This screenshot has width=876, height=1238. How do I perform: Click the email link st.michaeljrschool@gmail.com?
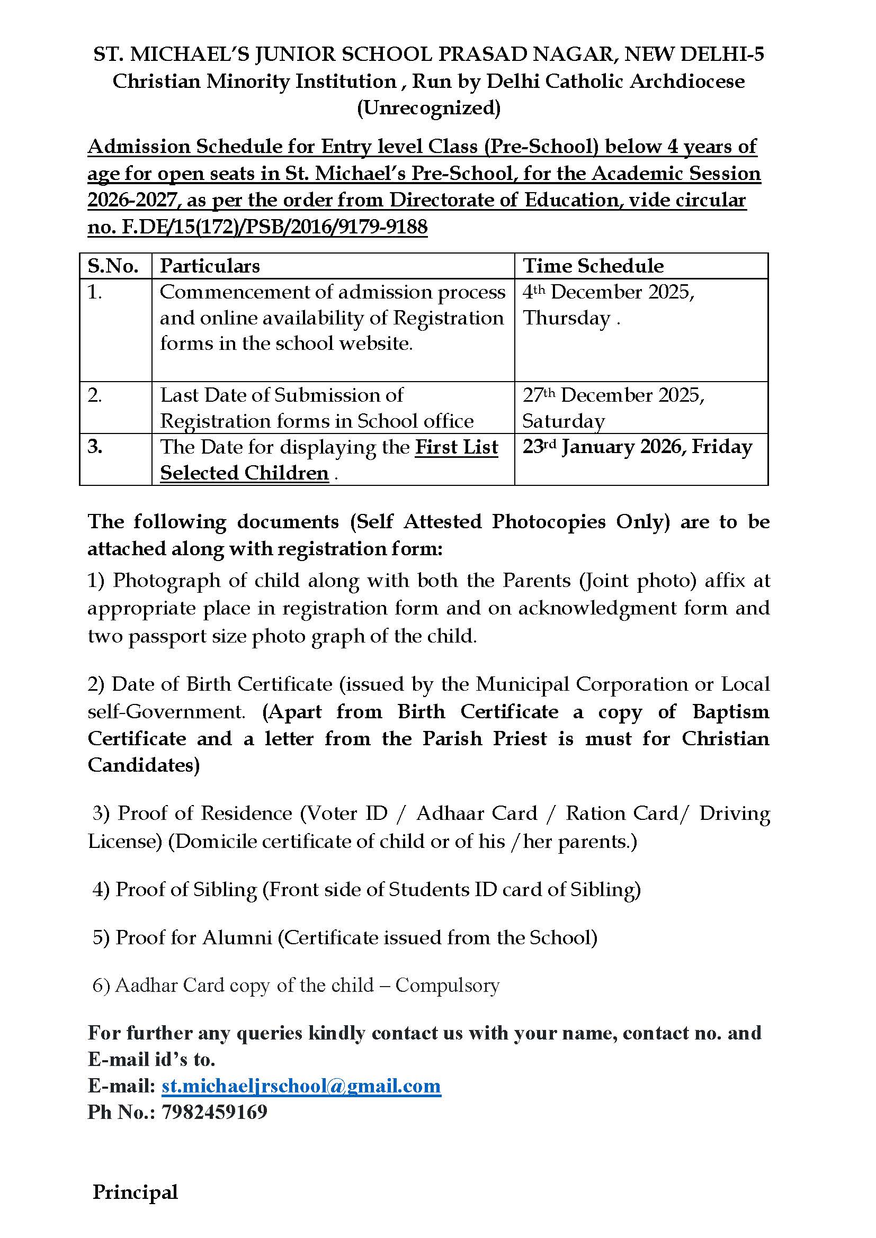coord(301,1086)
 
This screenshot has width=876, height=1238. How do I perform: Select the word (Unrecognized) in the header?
coord(429,108)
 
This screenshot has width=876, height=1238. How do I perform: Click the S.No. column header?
coord(113,266)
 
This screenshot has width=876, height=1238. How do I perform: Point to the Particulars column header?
coord(210,266)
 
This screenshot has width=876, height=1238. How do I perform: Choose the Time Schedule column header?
coord(593,266)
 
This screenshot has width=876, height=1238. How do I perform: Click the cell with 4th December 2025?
coord(609,292)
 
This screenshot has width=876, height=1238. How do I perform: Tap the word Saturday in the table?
coord(563,421)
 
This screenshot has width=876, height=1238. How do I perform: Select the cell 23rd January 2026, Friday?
coord(637,447)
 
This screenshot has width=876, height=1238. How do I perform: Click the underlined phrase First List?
coord(457,447)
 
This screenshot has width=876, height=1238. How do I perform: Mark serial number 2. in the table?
coord(95,395)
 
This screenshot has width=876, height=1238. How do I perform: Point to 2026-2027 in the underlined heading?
coord(132,200)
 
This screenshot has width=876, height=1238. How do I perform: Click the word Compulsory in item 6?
coord(447,985)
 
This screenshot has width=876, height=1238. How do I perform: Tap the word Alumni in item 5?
coord(237,937)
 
